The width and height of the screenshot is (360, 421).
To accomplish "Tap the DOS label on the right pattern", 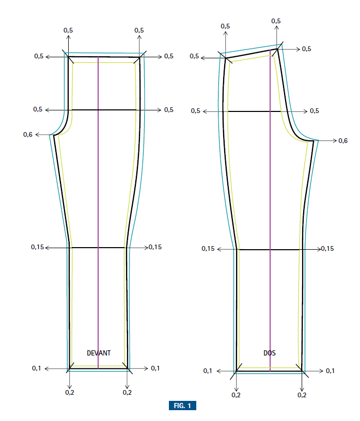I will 270,353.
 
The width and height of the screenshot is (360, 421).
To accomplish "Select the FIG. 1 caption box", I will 182,406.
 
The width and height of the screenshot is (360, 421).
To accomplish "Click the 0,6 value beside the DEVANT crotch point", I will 28,135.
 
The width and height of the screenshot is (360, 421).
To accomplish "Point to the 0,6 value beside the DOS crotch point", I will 343,140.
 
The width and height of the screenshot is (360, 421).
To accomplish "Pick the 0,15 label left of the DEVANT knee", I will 38,248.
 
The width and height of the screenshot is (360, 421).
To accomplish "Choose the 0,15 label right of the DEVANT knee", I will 155,247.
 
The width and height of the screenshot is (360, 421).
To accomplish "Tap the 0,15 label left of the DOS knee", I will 208,249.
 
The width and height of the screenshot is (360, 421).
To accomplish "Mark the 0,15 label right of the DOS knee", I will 327,249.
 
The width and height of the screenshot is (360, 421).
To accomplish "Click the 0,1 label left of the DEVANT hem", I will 36,368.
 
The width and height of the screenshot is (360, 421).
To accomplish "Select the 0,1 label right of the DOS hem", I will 331,371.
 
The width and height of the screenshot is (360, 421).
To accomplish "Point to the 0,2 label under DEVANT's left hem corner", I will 69,393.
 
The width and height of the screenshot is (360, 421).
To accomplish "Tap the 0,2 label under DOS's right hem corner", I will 302,395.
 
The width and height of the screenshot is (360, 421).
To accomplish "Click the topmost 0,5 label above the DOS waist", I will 276,21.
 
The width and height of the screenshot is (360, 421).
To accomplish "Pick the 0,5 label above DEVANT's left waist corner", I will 68,30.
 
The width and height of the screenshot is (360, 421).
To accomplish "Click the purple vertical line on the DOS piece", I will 270,206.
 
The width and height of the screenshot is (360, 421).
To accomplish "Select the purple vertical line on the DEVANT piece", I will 98,206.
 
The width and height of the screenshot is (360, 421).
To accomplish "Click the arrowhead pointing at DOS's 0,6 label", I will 335,140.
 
